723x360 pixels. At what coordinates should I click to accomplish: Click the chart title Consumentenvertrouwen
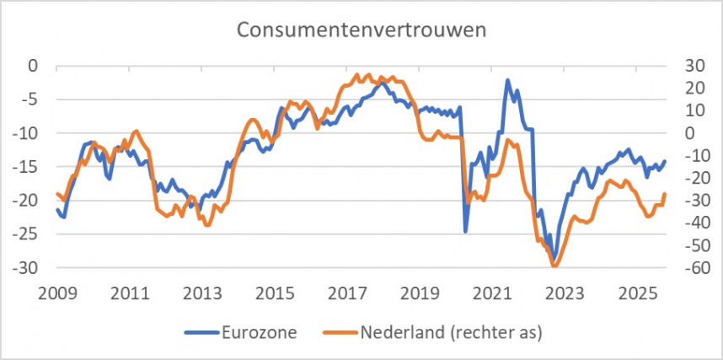[362, 30]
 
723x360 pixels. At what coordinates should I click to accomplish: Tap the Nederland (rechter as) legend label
[451, 332]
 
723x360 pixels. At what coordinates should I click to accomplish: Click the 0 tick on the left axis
[35, 65]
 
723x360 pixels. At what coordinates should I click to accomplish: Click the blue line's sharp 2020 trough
[465, 231]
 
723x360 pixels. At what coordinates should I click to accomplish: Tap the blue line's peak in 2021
[508, 80]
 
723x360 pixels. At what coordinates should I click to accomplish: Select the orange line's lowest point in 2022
[554, 266]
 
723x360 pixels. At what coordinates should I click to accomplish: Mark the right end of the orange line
[665, 194]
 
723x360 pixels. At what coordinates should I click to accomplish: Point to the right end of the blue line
[665, 161]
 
